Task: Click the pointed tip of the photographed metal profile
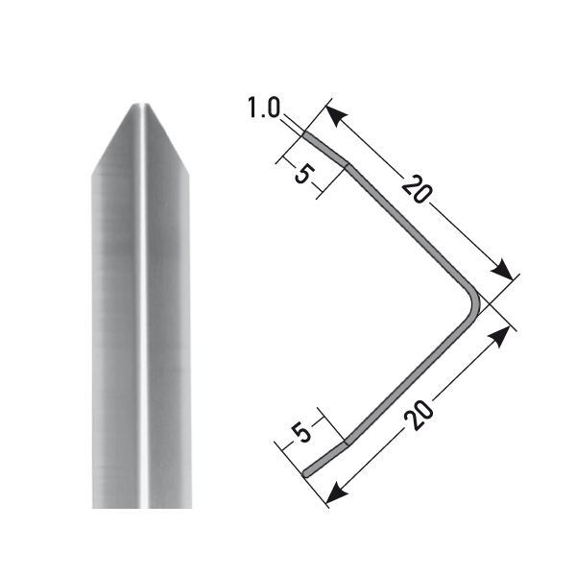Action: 140,104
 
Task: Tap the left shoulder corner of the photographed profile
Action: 93,175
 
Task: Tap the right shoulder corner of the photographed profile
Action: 190,175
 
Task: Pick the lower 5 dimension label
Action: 302,433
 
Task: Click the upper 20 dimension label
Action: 415,189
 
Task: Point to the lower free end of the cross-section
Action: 305,472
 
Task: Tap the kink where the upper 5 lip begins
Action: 348,166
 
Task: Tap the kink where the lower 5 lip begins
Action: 346,445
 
